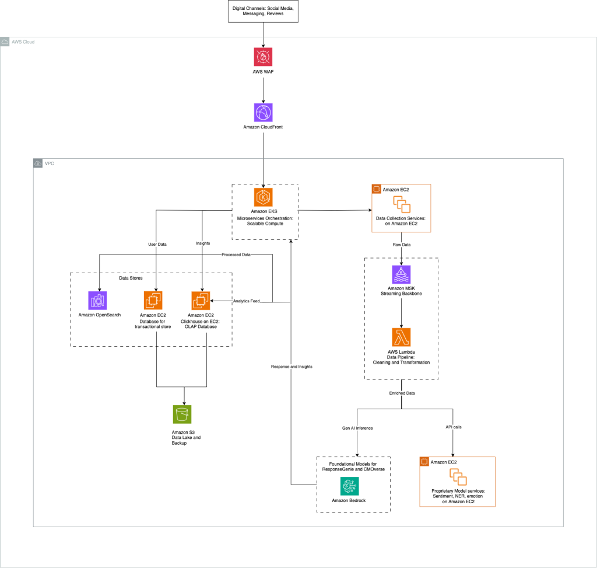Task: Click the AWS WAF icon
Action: (x=264, y=57)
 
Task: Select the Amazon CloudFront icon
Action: (x=264, y=113)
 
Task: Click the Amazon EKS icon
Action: (x=264, y=197)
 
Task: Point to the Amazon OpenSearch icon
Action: (x=97, y=300)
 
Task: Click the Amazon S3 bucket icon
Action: (x=184, y=414)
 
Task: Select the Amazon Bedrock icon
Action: (x=350, y=486)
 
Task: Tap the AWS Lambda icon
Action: (x=401, y=337)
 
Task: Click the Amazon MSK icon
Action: (x=401, y=274)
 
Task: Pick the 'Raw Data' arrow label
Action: (x=401, y=245)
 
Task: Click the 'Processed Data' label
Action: (x=236, y=255)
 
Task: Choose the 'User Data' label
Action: (x=156, y=244)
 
